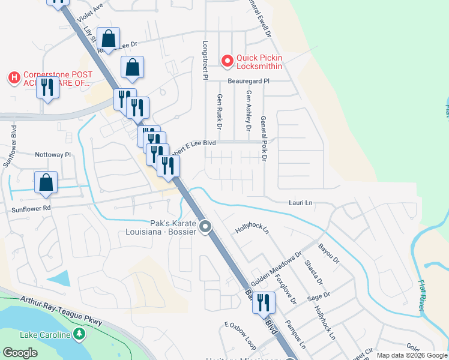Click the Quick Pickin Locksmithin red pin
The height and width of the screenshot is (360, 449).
(228, 61)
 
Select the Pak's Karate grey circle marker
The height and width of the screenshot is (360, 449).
(206, 227)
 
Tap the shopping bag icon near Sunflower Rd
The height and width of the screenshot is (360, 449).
(46, 183)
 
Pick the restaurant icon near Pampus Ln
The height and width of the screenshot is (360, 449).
(263, 302)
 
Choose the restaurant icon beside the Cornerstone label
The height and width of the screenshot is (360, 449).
(47, 88)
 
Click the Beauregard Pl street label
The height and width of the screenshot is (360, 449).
(249, 80)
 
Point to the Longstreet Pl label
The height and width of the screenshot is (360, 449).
(205, 61)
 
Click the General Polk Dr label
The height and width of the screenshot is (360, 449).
(263, 140)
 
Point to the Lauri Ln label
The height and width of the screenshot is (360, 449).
(301, 203)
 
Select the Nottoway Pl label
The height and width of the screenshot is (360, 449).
(53, 154)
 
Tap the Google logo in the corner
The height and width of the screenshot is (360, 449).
(20, 353)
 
